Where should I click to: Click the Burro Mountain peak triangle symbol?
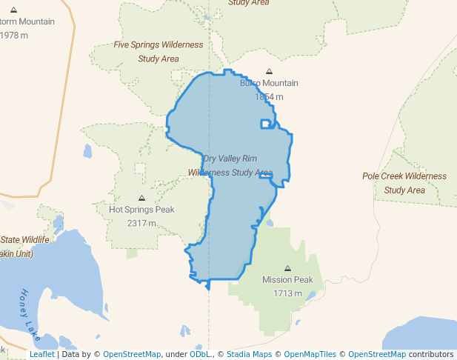pos(269,72)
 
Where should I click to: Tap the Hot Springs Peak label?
pos(141,210)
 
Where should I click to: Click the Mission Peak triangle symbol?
pos(288,268)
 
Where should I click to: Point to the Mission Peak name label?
pos(287,280)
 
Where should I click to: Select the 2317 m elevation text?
pos(141,223)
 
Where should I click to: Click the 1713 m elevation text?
pos(288,293)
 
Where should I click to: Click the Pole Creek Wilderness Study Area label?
pos(404,183)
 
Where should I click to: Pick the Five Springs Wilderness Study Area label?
pos(158,51)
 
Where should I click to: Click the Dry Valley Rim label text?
pos(230,159)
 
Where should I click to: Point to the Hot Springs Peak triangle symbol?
pos(141,198)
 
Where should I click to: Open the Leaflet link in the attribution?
pos(41,354)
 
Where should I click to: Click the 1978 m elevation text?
pos(15,35)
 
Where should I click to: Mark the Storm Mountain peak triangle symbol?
pos(13,10)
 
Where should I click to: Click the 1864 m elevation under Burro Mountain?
pos(269,96)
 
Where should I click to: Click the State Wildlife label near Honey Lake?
pos(24,239)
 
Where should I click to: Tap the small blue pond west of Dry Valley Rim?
pos(87,151)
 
